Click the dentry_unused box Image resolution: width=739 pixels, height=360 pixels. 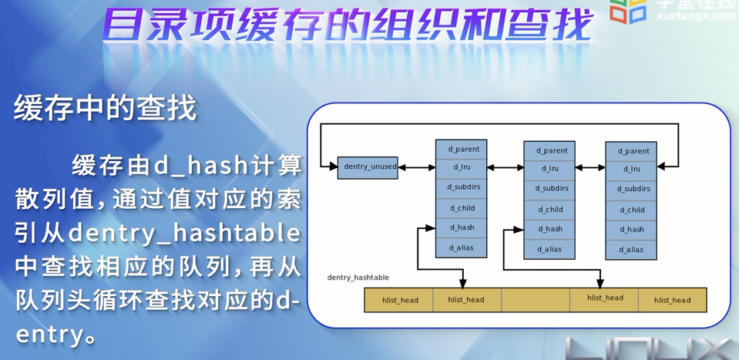(368, 167)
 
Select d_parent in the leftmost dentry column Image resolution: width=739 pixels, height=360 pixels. (462, 149)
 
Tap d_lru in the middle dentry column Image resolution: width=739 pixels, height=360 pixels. (549, 169)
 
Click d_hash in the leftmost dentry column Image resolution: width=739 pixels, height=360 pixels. (462, 227)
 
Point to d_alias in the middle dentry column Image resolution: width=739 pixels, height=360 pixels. (549, 249)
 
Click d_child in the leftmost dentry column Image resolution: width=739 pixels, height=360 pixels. (462, 208)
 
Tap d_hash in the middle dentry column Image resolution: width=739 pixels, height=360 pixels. (549, 229)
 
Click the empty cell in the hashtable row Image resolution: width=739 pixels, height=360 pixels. (536, 300)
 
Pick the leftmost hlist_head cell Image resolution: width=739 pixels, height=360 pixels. (399, 300)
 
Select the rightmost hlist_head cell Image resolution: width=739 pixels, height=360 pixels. (672, 300)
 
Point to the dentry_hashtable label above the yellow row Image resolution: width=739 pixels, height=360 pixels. (358, 278)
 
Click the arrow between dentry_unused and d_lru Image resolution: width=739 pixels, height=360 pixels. (417, 167)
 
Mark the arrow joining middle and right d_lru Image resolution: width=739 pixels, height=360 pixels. (590, 167)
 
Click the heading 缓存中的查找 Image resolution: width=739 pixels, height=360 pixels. (106, 109)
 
